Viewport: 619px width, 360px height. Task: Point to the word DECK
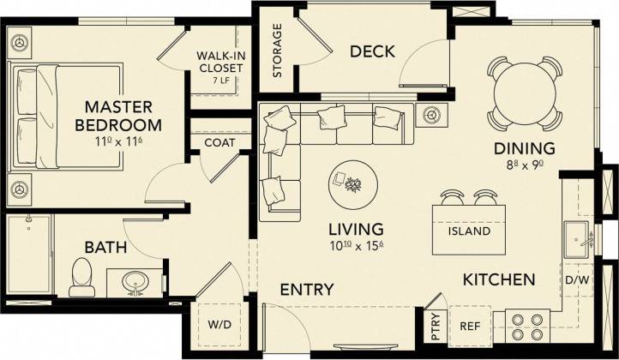click(372, 51)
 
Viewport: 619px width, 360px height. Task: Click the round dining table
click(523, 92)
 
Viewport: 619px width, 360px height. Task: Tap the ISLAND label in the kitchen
click(469, 231)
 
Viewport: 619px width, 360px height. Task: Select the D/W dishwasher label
click(574, 279)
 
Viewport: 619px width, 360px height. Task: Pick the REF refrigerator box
click(470, 325)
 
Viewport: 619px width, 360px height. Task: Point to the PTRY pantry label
click(436, 326)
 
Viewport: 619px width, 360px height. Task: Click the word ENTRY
click(307, 290)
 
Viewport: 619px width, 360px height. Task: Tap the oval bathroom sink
click(135, 281)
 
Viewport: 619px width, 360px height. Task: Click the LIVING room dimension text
click(355, 247)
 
